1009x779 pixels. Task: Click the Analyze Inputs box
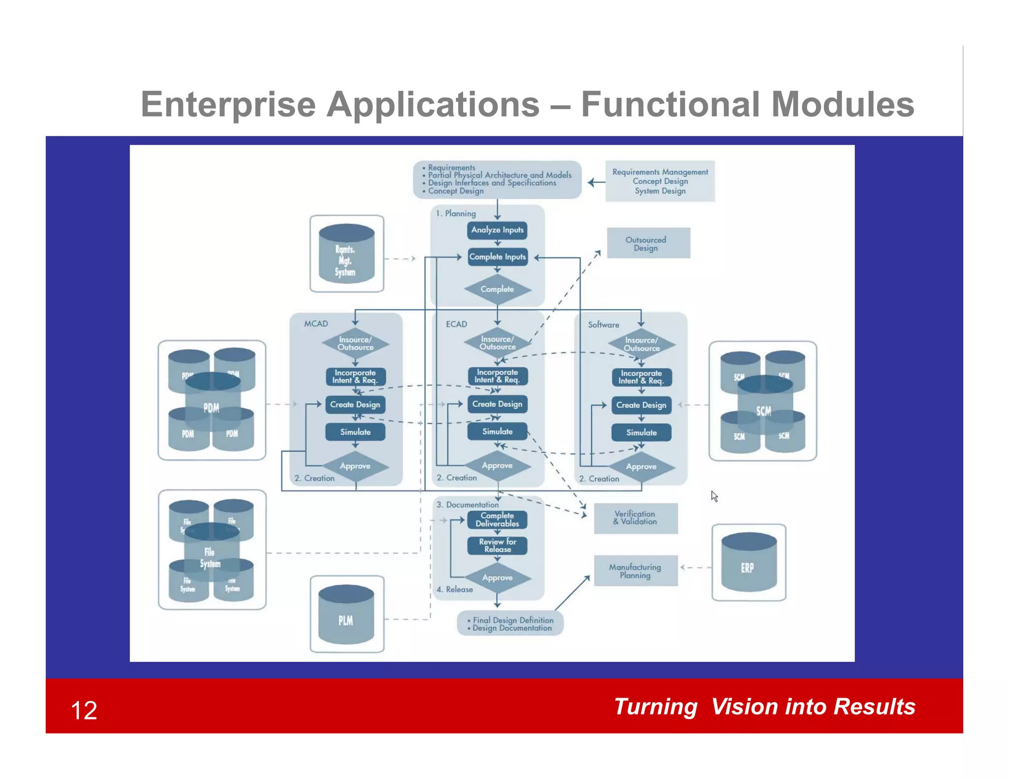point(497,230)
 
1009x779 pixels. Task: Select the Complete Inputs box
point(497,257)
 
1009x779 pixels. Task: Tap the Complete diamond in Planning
point(497,289)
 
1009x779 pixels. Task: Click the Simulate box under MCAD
point(355,432)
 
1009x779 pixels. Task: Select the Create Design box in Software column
point(641,405)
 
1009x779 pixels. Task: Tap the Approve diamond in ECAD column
point(497,465)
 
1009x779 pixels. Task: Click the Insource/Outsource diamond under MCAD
point(355,343)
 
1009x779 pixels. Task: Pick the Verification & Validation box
point(636,518)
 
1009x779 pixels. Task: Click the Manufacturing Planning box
point(636,571)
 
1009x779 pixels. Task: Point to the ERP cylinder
point(748,564)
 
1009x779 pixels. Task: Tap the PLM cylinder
point(346,616)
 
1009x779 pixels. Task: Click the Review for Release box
point(497,546)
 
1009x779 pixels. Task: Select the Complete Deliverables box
point(497,519)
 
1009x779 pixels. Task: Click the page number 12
point(84,711)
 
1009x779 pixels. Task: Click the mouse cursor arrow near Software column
point(714,495)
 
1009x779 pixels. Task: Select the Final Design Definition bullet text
point(513,620)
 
